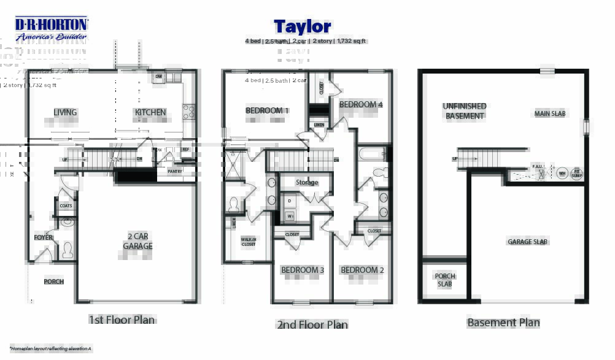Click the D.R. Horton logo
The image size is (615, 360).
[x=52, y=28]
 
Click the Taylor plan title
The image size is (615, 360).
[x=302, y=26]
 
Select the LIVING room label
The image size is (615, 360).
[x=65, y=112]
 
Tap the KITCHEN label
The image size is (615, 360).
[x=150, y=112]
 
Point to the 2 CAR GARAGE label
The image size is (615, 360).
[x=137, y=241]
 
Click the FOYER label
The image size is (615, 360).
[x=43, y=237]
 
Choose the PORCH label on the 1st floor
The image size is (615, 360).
[x=54, y=281]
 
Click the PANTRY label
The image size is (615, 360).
[x=175, y=172]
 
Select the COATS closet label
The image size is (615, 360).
[x=66, y=206]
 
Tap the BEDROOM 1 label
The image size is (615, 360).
[x=268, y=110]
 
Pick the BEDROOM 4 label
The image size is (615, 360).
[x=361, y=105]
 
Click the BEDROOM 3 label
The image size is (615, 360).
[x=303, y=270]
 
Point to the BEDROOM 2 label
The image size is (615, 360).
[x=362, y=270]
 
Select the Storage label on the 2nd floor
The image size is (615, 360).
[x=307, y=182]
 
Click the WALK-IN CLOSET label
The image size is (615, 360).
[x=249, y=242]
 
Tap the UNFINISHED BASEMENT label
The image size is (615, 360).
[x=465, y=111]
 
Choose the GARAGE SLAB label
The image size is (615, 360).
[x=528, y=242]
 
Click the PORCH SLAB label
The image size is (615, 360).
[x=445, y=280]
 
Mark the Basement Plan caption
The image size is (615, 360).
[x=503, y=323]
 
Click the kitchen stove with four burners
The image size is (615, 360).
[x=189, y=112]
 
